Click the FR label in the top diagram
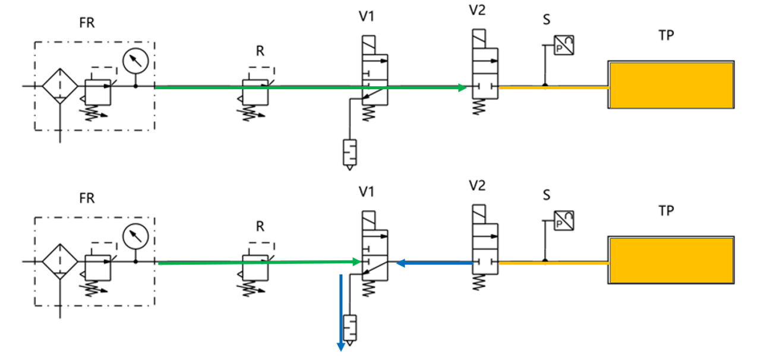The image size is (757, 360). click(87, 24)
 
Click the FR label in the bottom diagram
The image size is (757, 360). click(87, 198)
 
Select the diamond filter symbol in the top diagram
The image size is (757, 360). click(60, 87)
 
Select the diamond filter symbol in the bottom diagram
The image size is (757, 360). click(60, 261)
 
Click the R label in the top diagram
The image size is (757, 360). click(260, 51)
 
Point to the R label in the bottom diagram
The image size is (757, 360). click(260, 226)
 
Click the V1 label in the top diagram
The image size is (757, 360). click(367, 17)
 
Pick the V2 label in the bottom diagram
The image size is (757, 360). click(477, 185)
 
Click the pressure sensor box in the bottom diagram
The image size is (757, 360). click(563, 221)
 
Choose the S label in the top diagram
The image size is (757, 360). click(547, 20)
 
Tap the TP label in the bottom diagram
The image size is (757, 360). click(667, 210)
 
